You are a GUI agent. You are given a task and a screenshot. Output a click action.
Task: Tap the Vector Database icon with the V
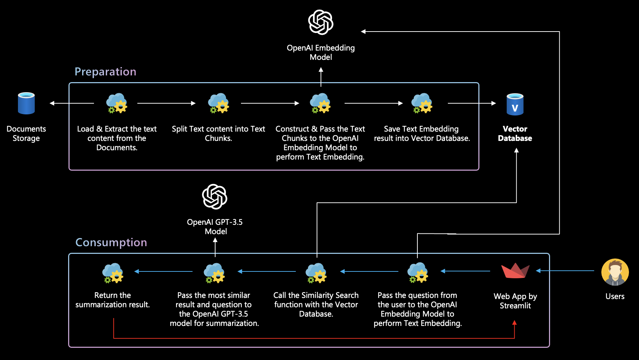515,104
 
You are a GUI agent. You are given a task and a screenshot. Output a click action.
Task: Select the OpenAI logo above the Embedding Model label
321,22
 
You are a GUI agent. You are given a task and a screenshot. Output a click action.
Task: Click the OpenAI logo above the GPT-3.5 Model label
215,196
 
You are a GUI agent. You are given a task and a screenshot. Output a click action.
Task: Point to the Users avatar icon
615,272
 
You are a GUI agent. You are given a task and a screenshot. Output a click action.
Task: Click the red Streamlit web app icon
515,271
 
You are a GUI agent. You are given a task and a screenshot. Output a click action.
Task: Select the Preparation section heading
105,72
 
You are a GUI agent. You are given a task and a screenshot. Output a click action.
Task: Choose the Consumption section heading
111,242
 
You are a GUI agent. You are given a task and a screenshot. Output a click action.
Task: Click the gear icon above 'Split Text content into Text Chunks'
218,103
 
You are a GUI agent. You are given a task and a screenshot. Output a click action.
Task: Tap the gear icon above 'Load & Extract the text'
117,103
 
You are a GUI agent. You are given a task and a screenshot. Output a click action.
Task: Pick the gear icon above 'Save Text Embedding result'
422,103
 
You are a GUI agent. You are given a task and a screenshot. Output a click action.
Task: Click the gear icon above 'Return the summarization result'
113,273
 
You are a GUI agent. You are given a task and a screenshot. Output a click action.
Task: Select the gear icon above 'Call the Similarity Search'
316,273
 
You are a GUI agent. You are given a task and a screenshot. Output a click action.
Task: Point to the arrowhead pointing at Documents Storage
52,103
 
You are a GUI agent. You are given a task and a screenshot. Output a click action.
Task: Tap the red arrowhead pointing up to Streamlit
515,322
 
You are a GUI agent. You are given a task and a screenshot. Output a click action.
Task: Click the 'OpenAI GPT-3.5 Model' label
215,227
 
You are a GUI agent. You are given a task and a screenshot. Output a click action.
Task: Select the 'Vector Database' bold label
515,133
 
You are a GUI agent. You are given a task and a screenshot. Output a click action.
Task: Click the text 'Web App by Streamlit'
515,301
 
